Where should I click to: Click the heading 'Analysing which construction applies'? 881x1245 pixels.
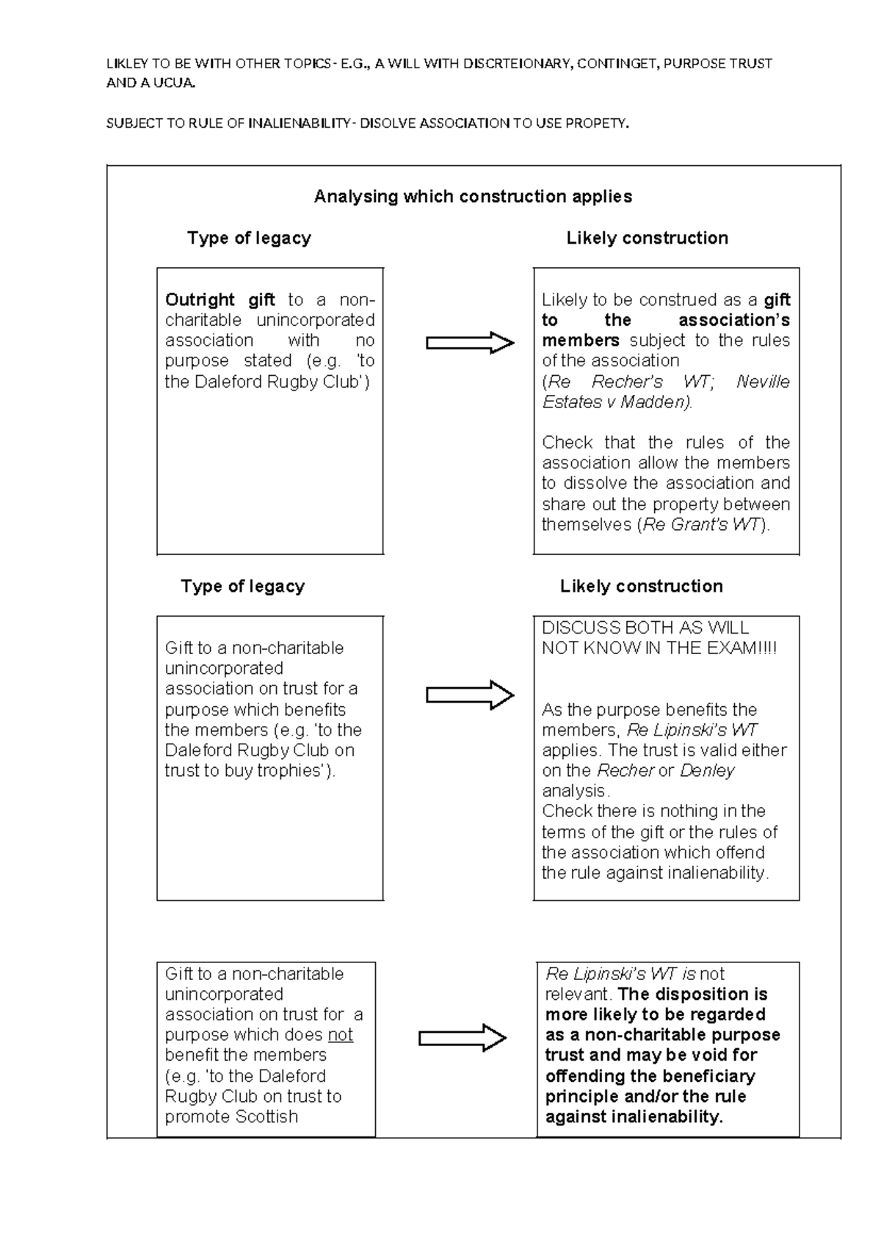pyautogui.click(x=473, y=197)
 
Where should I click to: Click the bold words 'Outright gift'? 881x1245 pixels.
pyautogui.click(x=220, y=300)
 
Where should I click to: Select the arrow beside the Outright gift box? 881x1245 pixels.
pyautogui.click(x=470, y=342)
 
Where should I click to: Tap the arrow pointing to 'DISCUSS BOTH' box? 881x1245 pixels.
pyautogui.click(x=470, y=694)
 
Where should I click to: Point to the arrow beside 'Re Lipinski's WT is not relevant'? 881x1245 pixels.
pyautogui.click(x=463, y=1038)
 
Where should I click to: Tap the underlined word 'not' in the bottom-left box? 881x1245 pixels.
pyautogui.click(x=340, y=1035)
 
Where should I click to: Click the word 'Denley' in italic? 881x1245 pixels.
pyautogui.click(x=706, y=771)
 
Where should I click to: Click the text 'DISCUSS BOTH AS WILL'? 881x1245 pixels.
pyautogui.click(x=645, y=628)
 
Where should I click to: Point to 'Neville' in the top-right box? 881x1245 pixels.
pyautogui.click(x=763, y=382)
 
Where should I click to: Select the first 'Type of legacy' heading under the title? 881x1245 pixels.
pyautogui.click(x=249, y=238)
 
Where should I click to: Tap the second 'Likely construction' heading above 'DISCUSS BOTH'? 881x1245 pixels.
pyautogui.click(x=641, y=586)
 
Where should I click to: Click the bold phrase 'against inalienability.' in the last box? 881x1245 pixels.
pyautogui.click(x=634, y=1117)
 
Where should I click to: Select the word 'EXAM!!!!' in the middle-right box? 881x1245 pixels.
pyautogui.click(x=742, y=648)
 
